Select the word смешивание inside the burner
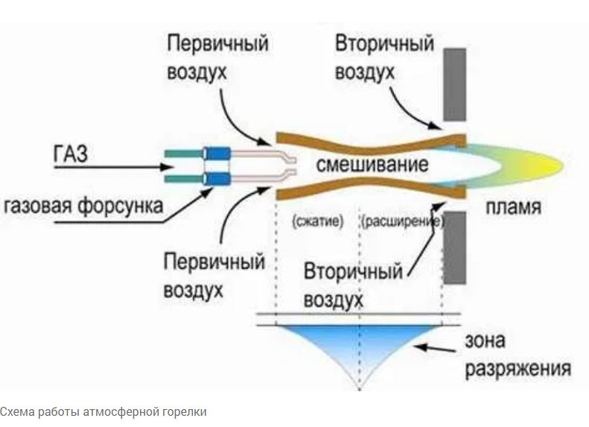point(362,164)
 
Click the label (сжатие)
point(317,222)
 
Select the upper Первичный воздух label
point(217,58)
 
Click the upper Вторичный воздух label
point(383,57)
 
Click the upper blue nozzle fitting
point(217,153)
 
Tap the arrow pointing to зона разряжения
point(439,347)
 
